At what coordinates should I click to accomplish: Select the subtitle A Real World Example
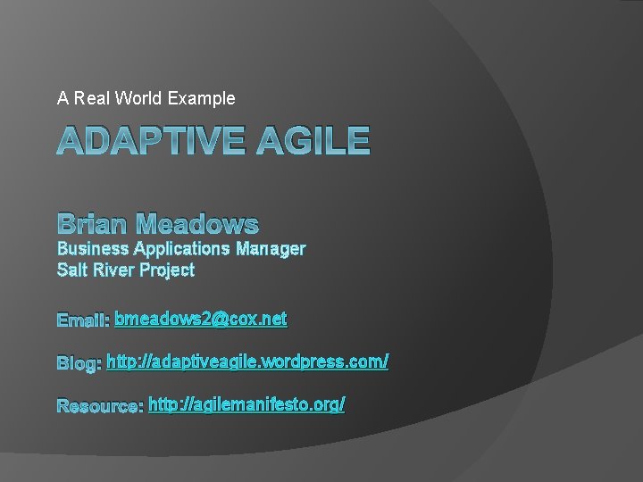[146, 98]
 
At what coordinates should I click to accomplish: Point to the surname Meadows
[201, 224]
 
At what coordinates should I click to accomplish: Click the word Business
[93, 248]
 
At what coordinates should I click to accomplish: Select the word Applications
[183, 248]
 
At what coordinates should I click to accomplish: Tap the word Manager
[271, 248]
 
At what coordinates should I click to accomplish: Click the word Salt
[72, 270]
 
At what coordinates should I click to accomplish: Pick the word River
[113, 270]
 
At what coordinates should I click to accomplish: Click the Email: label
[83, 320]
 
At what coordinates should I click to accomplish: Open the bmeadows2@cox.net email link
[201, 318]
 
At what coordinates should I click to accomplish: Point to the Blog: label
[79, 363]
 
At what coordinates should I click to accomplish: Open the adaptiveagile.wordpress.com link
[247, 361]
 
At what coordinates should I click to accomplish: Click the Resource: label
[100, 406]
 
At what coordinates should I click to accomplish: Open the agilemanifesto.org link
[246, 404]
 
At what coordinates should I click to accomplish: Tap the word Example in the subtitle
[206, 98]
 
